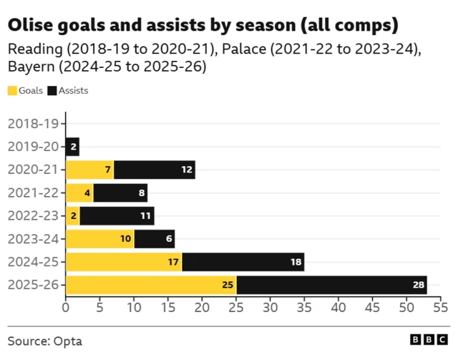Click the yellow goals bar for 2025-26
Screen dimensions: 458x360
(x=151, y=285)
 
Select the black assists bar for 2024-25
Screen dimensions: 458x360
(x=243, y=262)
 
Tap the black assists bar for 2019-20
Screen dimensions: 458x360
(x=73, y=147)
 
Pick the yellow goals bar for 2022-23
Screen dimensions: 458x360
(x=73, y=216)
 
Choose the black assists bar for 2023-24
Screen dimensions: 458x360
(x=155, y=239)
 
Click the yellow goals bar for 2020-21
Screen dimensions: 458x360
(x=89, y=170)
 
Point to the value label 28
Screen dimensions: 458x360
(x=419, y=285)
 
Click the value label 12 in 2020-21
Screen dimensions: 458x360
(x=187, y=170)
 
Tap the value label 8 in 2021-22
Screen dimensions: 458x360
(x=142, y=193)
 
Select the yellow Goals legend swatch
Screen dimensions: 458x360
(x=12, y=91)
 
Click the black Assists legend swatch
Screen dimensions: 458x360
(x=52, y=91)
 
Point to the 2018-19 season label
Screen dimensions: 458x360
(x=34, y=124)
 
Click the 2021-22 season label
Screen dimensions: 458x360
(x=34, y=193)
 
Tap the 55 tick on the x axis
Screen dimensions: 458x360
(x=441, y=308)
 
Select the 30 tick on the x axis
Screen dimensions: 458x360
(x=271, y=308)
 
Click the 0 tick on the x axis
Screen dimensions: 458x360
(x=66, y=308)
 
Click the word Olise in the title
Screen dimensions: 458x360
(x=31, y=25)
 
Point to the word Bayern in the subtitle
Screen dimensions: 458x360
(x=31, y=67)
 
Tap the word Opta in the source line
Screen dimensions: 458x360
(x=68, y=341)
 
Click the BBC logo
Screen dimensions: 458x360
(x=429, y=339)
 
